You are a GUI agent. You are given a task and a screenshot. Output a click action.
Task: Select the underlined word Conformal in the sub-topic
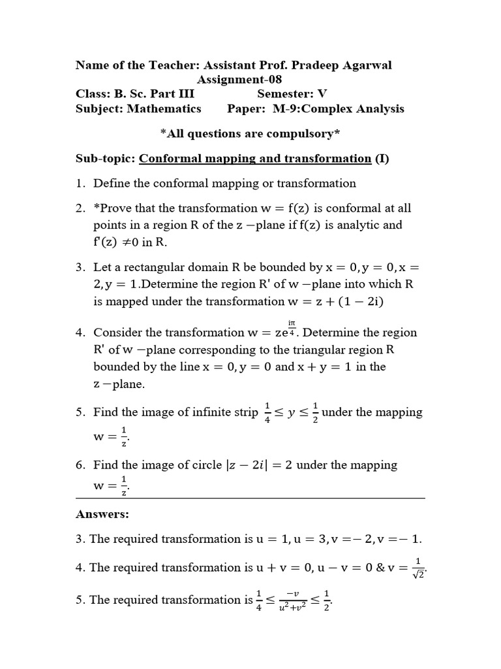169,159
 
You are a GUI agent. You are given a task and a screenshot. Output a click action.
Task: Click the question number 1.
80,184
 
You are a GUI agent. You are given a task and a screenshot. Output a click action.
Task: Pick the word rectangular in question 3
142,267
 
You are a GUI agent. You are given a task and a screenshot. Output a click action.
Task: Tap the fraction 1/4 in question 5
267,413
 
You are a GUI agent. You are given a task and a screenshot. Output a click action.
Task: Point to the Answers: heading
102,514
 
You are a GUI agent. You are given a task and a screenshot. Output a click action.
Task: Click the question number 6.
80,465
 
